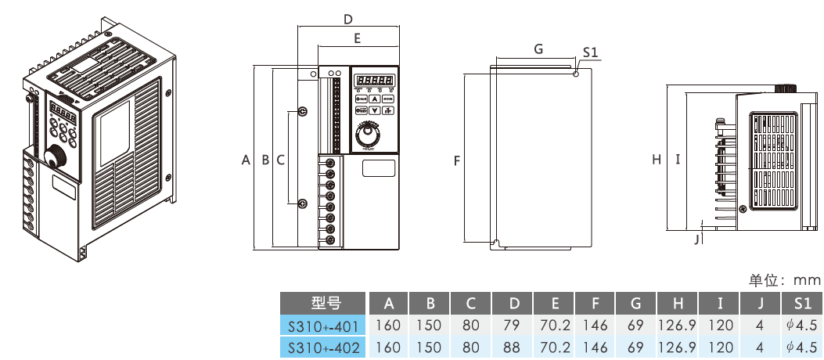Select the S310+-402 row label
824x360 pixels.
323,347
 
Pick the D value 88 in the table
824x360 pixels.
513,347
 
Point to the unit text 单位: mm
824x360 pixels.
784,280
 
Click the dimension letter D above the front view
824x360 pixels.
348,19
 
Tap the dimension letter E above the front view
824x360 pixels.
357,38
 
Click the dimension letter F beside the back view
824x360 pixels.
456,160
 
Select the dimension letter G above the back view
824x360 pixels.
538,49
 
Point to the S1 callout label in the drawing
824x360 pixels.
591,52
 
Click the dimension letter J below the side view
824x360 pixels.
696,239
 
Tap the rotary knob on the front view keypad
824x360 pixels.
366,135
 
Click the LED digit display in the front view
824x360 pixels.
375,80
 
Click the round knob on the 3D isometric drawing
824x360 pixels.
56,157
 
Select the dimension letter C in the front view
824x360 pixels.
279,160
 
